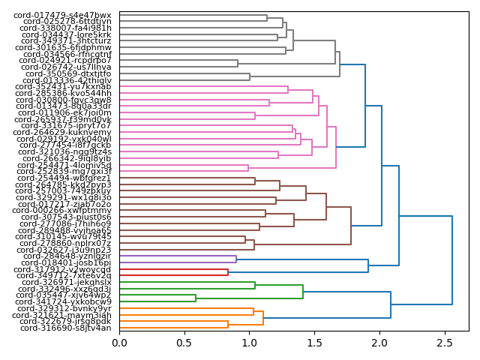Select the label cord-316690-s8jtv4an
click(66, 328)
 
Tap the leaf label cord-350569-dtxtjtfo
click(68, 73)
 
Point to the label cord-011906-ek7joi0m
click(67, 112)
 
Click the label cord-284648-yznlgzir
click(67, 256)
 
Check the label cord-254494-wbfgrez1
click(67, 178)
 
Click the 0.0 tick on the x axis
click(120, 343)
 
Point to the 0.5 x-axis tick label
click(184, 343)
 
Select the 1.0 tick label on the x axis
click(250, 343)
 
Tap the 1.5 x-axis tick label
click(315, 343)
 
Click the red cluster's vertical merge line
click(228, 272)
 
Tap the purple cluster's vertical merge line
click(236, 259)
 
